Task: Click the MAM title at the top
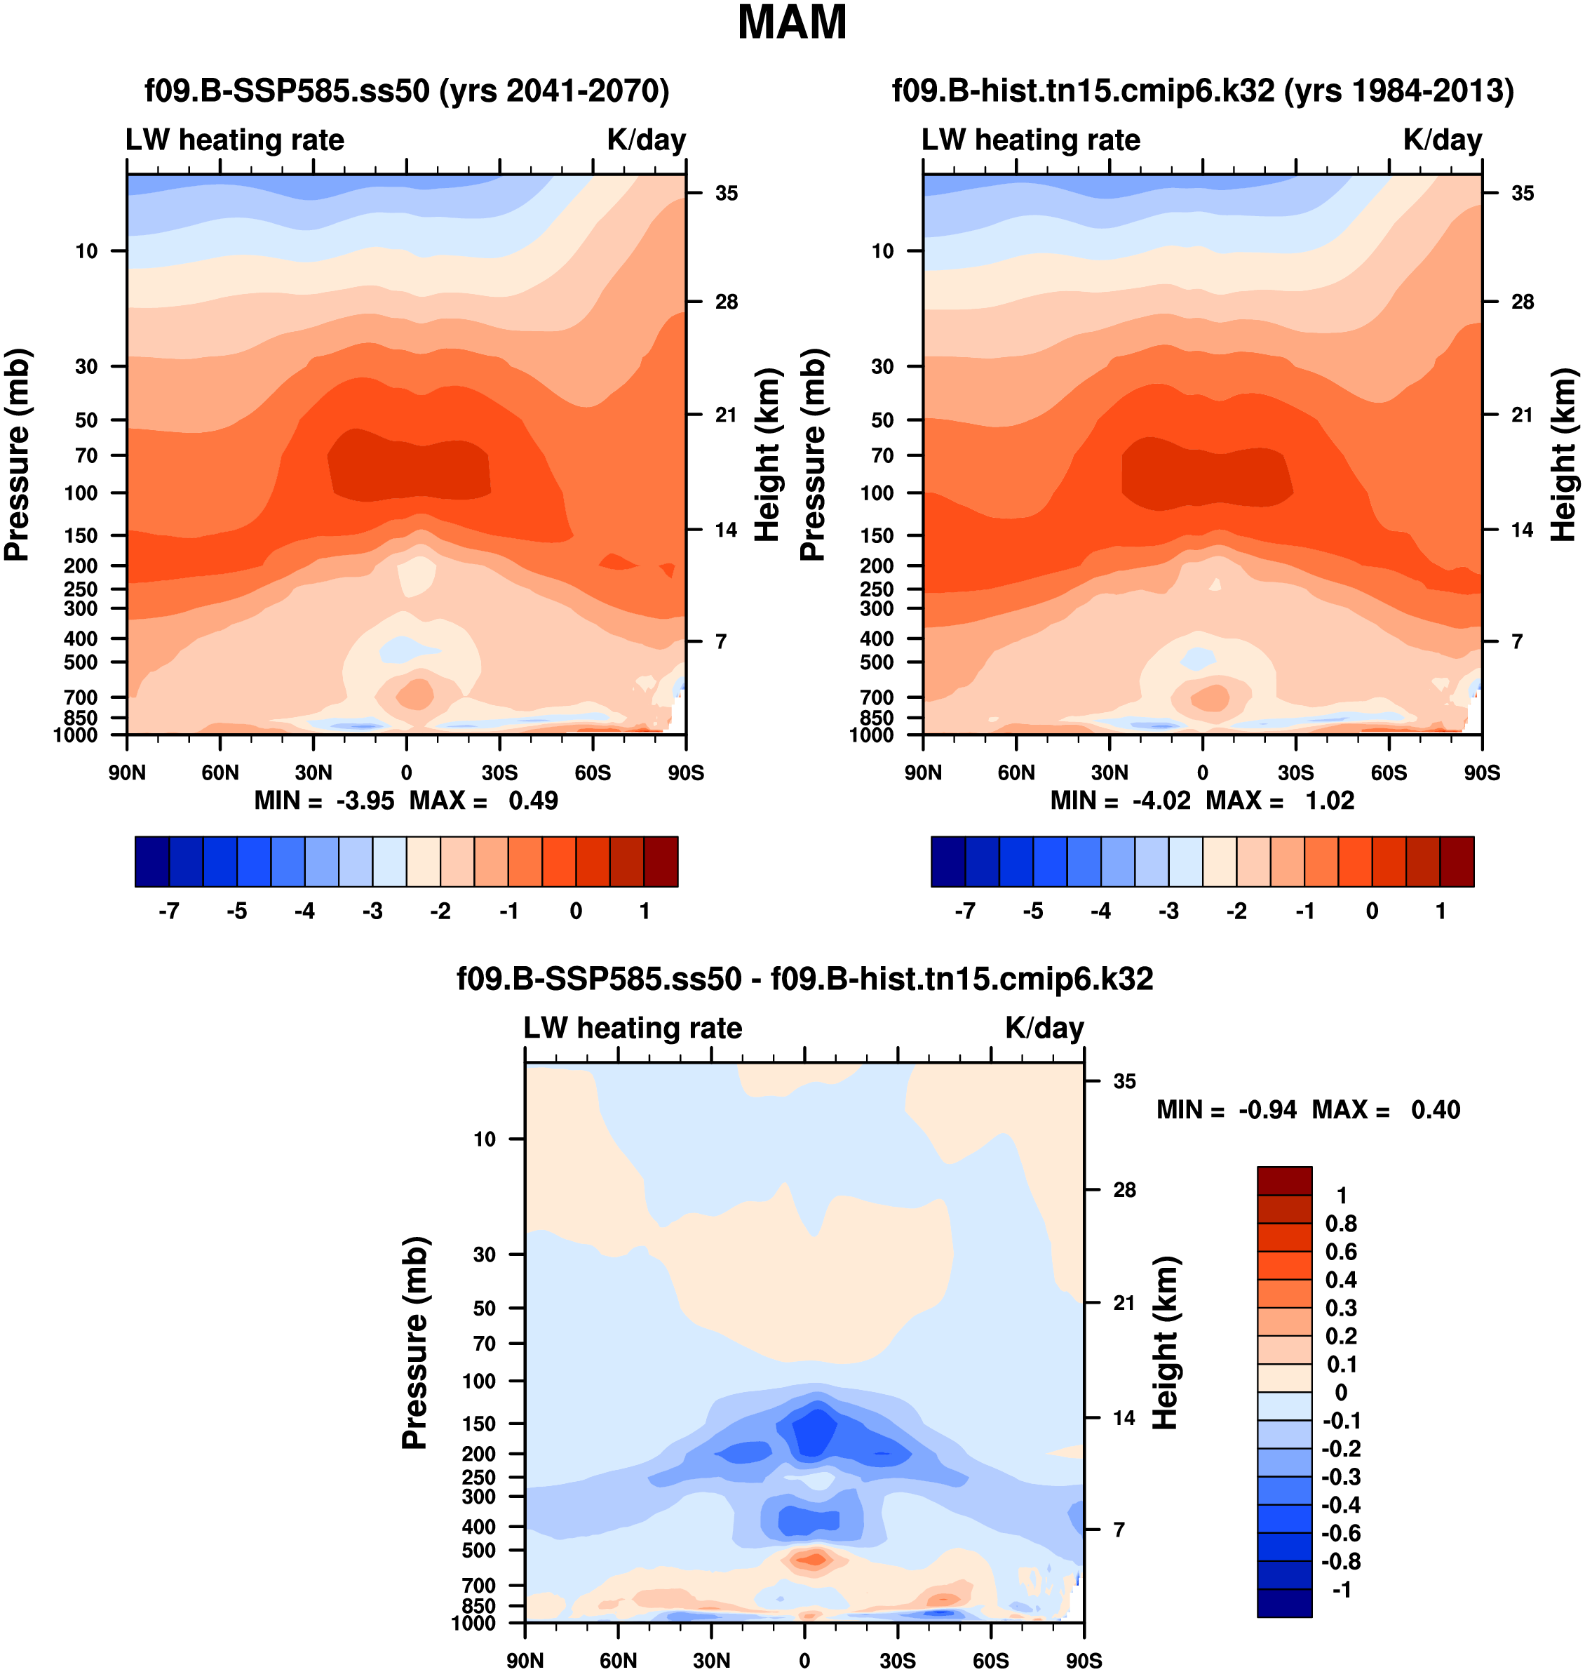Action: coord(792,23)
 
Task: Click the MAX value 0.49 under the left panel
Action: coord(532,801)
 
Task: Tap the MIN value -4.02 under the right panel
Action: coord(1161,801)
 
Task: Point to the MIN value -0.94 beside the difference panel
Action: coord(1267,1110)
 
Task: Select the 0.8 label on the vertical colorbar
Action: coord(1341,1223)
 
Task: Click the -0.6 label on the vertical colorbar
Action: coord(1341,1533)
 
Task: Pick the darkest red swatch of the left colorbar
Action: coord(661,862)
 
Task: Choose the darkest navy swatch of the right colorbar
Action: coord(948,862)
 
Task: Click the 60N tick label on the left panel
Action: coord(220,773)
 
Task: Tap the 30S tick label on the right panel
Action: coord(1295,773)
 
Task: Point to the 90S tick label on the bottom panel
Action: coord(1083,1660)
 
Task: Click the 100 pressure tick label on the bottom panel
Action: coord(479,1382)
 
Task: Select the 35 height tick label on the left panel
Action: coord(727,194)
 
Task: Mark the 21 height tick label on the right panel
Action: coord(1522,415)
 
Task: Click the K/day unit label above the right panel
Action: coord(1442,140)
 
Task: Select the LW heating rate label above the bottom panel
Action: coord(633,1028)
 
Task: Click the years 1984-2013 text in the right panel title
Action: coord(1399,91)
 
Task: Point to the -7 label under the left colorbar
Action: coord(168,911)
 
